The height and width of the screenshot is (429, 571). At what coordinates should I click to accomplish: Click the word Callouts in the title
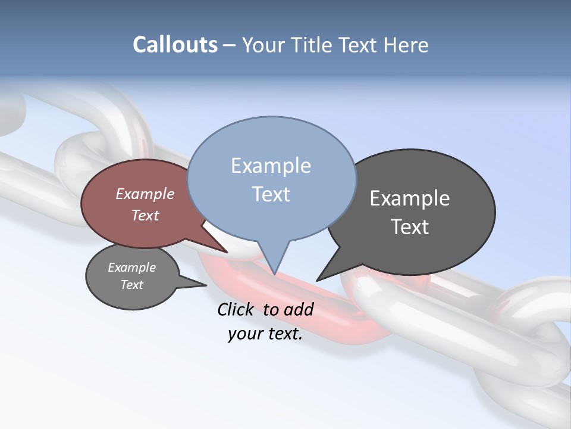pos(175,45)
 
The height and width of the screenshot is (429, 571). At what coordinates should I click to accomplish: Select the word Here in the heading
pos(404,45)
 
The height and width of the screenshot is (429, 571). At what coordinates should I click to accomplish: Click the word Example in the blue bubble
pos(271,166)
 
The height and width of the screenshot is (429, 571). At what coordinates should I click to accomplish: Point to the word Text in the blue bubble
pos(271,194)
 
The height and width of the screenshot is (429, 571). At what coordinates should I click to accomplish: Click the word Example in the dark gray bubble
pos(410,198)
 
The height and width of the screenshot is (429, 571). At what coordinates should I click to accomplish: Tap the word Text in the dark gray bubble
pos(410,226)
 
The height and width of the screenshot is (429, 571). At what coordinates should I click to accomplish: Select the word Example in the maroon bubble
pos(145,194)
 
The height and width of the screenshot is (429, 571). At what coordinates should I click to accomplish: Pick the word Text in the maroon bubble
pos(145,215)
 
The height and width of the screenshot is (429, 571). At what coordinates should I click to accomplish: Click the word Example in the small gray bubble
pos(131,268)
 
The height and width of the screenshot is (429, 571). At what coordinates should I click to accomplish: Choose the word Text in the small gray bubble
pos(131,285)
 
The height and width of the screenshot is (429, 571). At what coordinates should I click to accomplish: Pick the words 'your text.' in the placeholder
pos(265,334)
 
